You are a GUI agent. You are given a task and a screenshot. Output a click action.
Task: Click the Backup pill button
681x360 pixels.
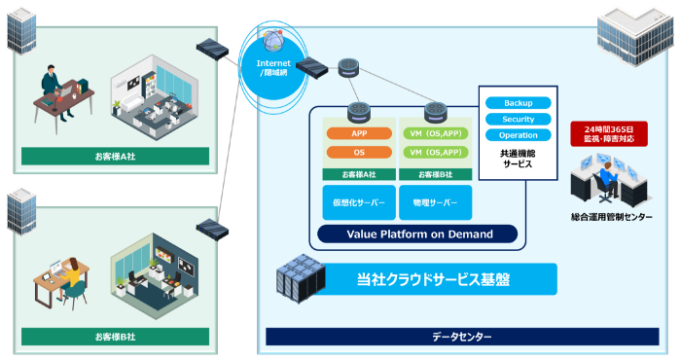coord(518,102)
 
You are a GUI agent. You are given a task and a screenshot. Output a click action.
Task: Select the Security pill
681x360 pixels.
coord(518,119)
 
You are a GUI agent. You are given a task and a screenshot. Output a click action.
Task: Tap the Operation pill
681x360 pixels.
coord(518,135)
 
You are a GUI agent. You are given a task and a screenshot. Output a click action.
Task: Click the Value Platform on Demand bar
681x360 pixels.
coord(419,234)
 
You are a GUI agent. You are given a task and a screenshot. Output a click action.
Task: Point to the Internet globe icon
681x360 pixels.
coord(273,42)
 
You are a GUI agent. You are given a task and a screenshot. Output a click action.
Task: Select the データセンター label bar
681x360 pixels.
coord(462,337)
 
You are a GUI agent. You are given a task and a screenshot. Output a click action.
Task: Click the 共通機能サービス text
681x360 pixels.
coord(518,159)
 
